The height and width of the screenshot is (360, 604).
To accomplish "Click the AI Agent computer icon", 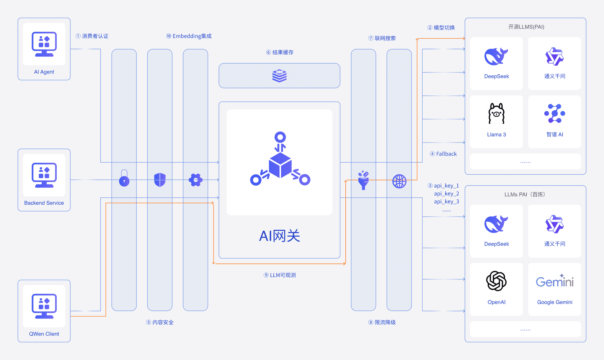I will (44, 44).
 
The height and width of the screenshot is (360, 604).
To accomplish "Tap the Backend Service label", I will (44, 203).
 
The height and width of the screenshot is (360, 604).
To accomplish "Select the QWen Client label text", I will (44, 334).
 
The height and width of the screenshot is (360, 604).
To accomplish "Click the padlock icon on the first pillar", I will (124, 178).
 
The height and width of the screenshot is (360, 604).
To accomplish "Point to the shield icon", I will (160, 180).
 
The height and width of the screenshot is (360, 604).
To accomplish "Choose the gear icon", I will (196, 180).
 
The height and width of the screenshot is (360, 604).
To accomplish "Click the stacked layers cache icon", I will (279, 76).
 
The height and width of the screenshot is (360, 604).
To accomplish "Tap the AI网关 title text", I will (279, 236).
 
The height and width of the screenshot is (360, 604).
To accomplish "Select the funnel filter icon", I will (363, 180).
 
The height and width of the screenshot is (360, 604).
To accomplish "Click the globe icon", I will (399, 181).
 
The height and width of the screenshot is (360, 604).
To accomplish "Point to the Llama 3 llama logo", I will (496, 114).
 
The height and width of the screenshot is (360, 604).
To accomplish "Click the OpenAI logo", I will (496, 281).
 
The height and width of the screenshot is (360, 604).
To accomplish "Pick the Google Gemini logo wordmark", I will (554, 281).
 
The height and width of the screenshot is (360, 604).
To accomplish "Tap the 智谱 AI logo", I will (554, 113).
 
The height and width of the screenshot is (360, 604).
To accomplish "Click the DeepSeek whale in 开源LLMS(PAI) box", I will (496, 56).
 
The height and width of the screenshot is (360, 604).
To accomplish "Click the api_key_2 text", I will (446, 194).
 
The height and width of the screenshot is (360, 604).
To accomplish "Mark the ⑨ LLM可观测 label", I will (280, 275).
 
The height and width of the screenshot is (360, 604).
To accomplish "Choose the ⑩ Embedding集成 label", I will (189, 36).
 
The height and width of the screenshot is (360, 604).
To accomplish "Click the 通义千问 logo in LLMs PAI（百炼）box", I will (554, 224).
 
